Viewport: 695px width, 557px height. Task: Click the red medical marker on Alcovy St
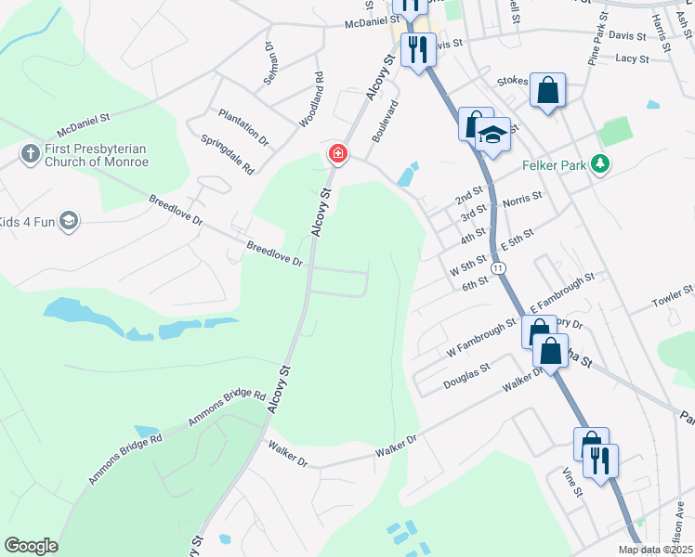[x=336, y=154]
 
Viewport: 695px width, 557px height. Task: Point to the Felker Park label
[x=552, y=164]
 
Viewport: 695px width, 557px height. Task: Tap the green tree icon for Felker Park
[x=601, y=164]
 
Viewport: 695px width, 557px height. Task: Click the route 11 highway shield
[x=500, y=268]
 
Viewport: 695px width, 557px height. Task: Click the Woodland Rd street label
[x=310, y=100]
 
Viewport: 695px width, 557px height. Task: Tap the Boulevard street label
[x=385, y=122]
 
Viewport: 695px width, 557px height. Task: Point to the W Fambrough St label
[x=481, y=339]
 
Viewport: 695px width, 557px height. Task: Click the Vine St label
[x=571, y=482]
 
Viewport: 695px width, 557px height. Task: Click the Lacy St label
[x=631, y=58]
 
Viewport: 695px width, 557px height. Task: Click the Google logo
[x=31, y=546]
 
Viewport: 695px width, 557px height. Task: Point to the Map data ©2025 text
[x=656, y=550]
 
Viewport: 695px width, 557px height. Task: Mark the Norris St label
[x=521, y=200]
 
